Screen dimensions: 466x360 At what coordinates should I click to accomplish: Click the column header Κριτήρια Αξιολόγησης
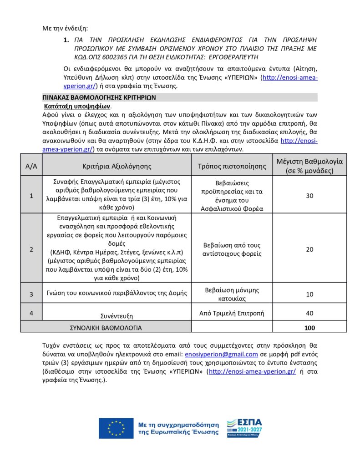[117, 166]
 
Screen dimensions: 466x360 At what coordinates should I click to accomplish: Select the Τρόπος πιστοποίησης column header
[232, 166]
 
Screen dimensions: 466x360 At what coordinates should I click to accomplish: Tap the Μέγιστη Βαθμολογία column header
[309, 166]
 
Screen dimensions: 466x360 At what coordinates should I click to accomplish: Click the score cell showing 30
[309, 196]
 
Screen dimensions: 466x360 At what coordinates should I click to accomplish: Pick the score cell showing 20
[309, 249]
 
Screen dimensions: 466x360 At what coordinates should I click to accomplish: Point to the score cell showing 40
[309, 313]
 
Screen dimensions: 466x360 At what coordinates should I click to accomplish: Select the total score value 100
[309, 328]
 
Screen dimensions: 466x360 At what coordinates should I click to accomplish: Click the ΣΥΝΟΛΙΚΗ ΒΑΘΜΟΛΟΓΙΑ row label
[105, 328]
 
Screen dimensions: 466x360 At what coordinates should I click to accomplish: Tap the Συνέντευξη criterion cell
[117, 315]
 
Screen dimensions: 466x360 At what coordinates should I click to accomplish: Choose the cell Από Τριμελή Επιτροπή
[232, 313]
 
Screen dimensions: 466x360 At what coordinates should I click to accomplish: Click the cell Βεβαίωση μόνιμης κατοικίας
[232, 294]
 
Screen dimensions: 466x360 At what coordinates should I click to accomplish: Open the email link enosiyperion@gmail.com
[222, 354]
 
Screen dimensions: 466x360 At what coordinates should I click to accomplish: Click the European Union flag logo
[116, 428]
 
